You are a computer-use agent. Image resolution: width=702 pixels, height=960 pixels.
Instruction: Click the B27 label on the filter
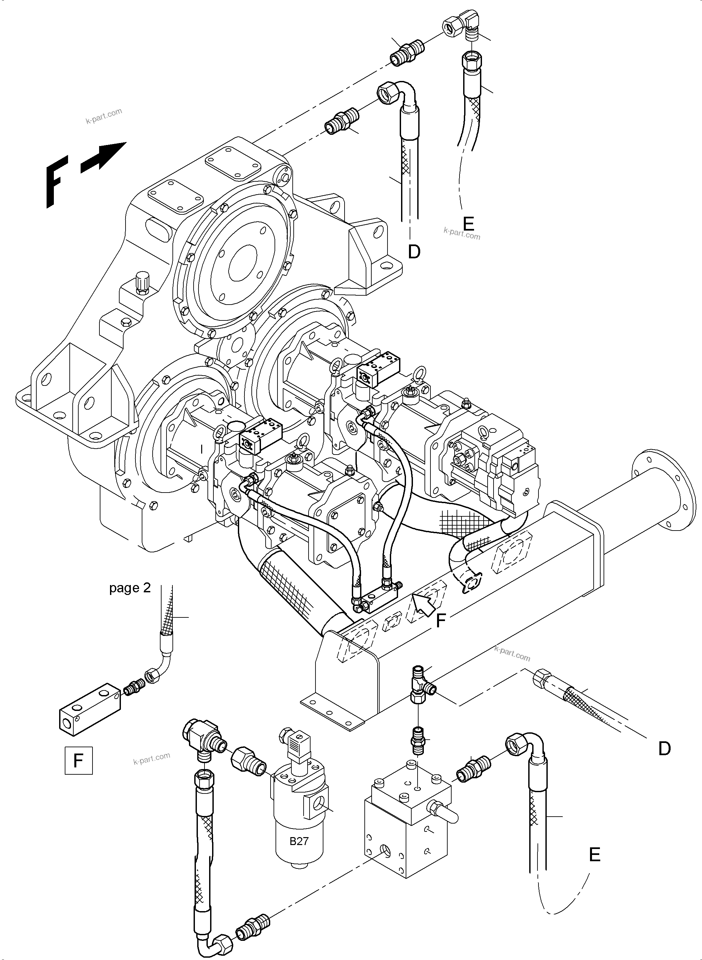point(299,841)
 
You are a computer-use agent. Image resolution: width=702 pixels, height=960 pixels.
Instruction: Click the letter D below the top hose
point(414,252)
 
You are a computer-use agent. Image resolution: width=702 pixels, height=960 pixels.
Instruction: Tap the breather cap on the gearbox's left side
point(141,282)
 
